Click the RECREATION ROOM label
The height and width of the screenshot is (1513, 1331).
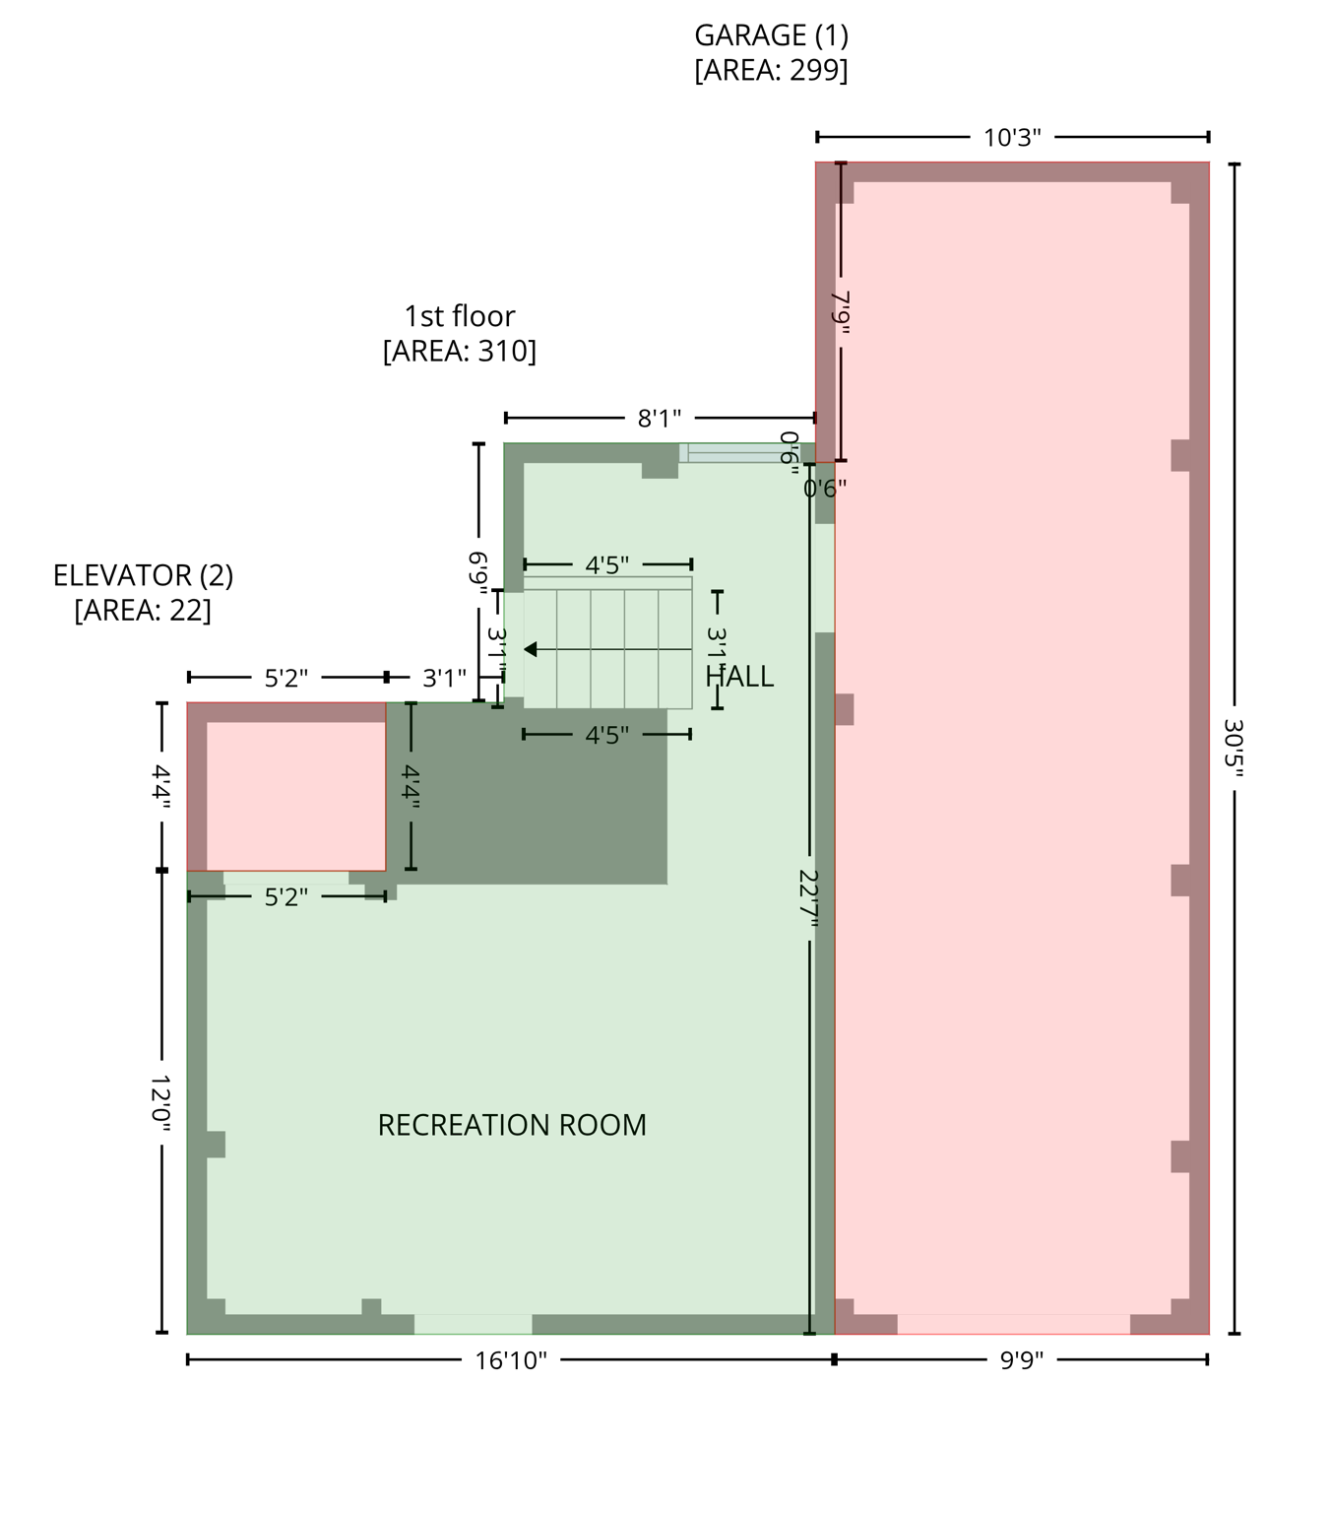click(x=512, y=1125)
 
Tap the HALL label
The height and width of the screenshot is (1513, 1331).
click(x=740, y=677)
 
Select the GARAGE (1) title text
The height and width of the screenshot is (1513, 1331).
click(x=771, y=35)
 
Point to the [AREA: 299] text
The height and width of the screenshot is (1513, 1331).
click(x=771, y=71)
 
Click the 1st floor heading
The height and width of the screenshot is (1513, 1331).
click(x=460, y=316)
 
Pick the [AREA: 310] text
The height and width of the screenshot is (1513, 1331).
click(x=460, y=351)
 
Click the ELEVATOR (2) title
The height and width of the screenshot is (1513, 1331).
click(x=143, y=575)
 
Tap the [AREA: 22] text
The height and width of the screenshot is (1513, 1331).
click(x=143, y=611)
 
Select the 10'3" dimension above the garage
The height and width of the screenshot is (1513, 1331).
click(x=1012, y=138)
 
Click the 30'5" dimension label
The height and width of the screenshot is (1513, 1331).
click(x=1234, y=748)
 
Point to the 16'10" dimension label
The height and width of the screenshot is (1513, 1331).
click(x=511, y=1360)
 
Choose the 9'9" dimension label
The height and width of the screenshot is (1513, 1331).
click(x=1021, y=1360)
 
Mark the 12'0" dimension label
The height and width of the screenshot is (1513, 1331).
click(x=161, y=1102)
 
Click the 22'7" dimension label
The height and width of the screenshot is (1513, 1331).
click(x=809, y=897)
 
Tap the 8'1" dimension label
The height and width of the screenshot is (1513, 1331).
click(x=660, y=419)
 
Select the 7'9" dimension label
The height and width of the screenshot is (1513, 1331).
click(x=840, y=311)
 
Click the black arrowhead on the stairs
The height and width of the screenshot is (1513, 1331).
click(x=531, y=649)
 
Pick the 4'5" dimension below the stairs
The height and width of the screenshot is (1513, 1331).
click(x=606, y=735)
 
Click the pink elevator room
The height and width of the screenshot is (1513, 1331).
click(x=295, y=795)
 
